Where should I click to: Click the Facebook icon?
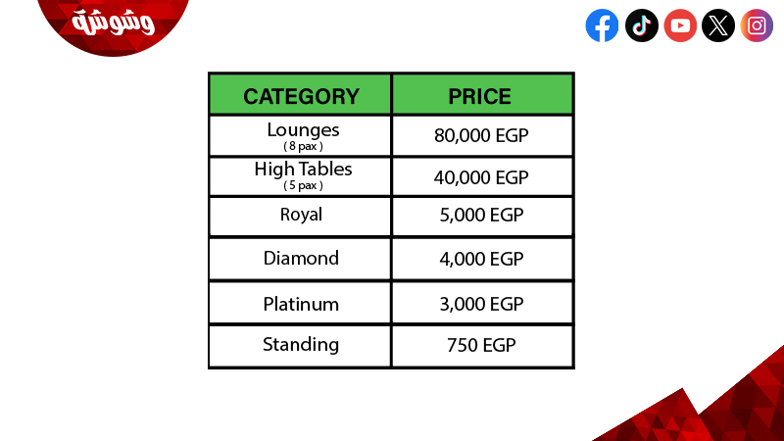click(602, 25)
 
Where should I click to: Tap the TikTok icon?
click(642, 25)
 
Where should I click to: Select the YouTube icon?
click(680, 25)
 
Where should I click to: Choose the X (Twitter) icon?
click(718, 25)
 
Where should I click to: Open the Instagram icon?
click(757, 25)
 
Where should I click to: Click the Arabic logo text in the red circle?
click(113, 23)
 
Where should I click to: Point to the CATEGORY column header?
click(301, 96)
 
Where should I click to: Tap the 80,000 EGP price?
click(481, 135)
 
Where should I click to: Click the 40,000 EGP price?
click(481, 177)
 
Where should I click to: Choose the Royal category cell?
click(301, 215)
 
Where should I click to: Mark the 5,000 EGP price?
click(481, 215)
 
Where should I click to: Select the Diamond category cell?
click(301, 258)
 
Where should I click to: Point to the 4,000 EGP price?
click(481, 259)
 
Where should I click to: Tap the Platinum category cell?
click(301, 304)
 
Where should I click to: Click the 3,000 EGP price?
click(481, 304)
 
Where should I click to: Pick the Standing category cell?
click(301, 345)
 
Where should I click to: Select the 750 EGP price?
click(481, 345)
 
